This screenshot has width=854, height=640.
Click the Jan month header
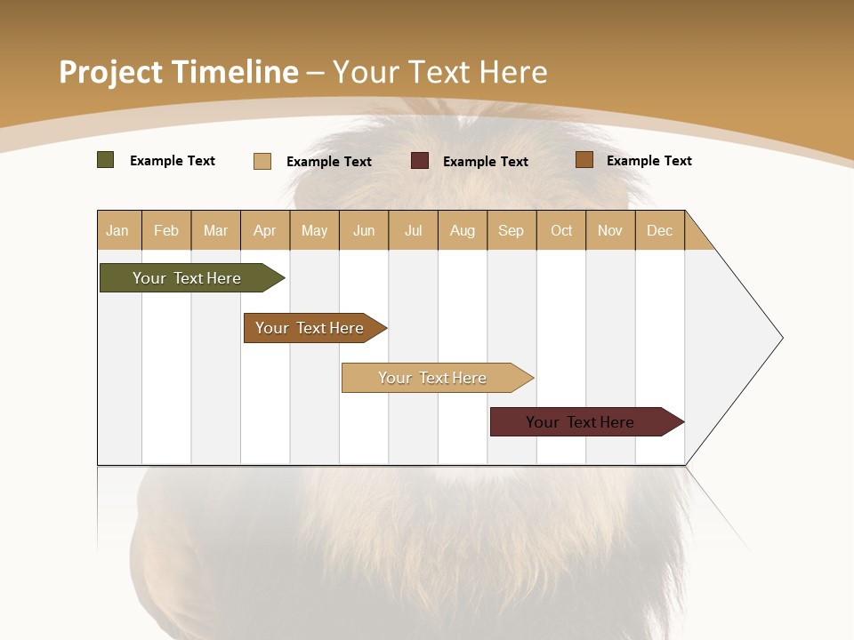[118, 230]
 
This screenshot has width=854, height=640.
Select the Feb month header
[166, 230]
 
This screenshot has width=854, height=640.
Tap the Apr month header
[265, 230]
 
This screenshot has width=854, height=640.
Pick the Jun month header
[364, 230]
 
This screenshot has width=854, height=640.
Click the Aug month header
[463, 230]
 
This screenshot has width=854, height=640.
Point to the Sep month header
[512, 230]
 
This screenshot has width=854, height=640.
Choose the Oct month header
[561, 230]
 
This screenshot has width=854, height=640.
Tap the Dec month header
[660, 230]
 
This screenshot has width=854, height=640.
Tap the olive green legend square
[106, 160]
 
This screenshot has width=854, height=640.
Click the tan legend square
[262, 161]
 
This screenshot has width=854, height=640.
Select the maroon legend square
[420, 161]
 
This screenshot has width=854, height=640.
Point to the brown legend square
[584, 160]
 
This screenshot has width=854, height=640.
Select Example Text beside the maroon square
[486, 162]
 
